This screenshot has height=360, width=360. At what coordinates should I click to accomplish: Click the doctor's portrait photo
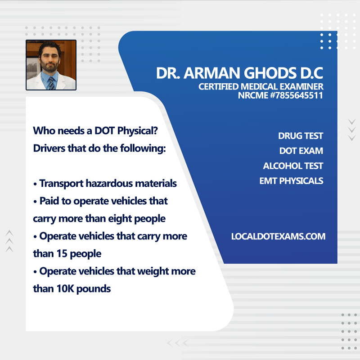coord(51,65)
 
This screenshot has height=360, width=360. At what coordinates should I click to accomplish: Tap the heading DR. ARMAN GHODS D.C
coord(239,74)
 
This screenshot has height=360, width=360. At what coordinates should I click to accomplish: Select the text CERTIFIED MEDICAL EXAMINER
coord(261,86)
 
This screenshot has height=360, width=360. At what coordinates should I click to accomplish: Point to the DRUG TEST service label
coord(301,136)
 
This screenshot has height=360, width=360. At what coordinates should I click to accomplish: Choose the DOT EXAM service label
coord(301,151)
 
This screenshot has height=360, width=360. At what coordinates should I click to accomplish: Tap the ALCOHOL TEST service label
coord(293,166)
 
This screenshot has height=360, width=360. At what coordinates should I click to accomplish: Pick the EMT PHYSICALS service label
coord(291,181)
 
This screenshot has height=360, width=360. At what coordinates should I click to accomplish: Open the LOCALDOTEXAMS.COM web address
coord(278,236)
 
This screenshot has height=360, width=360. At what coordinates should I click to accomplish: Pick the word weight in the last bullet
coord(150,271)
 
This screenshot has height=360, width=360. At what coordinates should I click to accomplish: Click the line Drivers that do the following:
coord(99,148)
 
